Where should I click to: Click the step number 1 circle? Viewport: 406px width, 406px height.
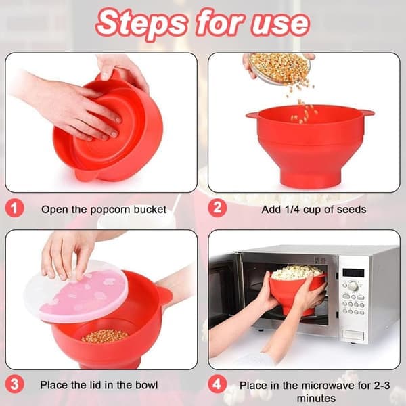[14, 208]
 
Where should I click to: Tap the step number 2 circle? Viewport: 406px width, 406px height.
[217, 208]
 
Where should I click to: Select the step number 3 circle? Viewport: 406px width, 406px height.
[14, 384]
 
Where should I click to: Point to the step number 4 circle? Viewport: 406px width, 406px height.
[217, 384]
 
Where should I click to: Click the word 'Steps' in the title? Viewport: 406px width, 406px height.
[142, 24]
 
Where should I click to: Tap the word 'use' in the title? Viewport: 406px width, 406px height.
[280, 23]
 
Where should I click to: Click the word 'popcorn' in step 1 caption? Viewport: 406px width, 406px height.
[110, 210]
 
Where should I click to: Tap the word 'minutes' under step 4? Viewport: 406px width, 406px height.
[316, 398]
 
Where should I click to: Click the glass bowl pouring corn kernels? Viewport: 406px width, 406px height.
[279, 68]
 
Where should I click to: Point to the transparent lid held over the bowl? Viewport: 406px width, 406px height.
[76, 291]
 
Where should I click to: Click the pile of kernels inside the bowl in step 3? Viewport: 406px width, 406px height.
[105, 336]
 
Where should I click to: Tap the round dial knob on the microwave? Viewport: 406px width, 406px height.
[353, 286]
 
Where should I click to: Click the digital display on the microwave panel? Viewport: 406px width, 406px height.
[353, 273]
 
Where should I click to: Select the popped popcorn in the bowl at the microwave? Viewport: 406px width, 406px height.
[297, 272]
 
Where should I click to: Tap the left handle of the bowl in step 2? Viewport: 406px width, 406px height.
[252, 114]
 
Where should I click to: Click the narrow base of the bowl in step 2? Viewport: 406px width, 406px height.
[309, 179]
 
